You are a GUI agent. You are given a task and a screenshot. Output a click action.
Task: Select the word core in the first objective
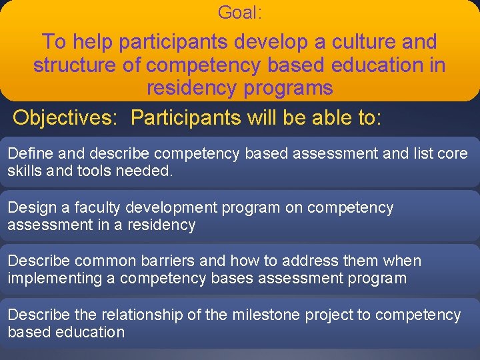click(x=453, y=154)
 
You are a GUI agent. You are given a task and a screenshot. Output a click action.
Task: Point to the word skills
click(x=25, y=171)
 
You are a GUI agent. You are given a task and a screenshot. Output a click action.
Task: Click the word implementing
click(x=54, y=278)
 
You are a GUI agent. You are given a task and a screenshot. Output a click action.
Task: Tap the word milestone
click(x=261, y=315)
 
